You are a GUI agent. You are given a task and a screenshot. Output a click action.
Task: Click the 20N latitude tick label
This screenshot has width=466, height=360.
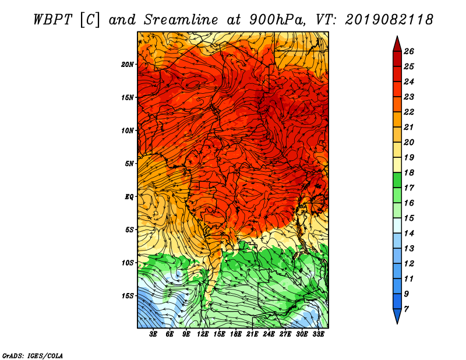[x=128, y=65]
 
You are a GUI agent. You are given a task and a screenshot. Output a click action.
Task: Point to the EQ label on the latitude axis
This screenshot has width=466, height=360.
[x=129, y=197]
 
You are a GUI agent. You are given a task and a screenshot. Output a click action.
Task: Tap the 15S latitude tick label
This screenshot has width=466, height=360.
[x=128, y=296]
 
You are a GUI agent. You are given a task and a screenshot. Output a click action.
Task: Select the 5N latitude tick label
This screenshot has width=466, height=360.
[x=129, y=164]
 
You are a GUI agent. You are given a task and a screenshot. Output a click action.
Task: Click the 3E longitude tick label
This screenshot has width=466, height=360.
[x=153, y=334]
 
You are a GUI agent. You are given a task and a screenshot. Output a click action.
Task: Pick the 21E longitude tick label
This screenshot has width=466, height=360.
[x=252, y=334]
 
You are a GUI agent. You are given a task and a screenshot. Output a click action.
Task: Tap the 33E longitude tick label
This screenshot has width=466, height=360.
[x=318, y=334]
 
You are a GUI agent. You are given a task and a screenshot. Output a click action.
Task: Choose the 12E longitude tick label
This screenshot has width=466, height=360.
[x=203, y=334]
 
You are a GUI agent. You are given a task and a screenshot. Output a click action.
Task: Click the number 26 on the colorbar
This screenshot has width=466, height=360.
[x=409, y=51]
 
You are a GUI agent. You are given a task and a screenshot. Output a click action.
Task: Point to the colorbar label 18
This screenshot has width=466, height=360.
[x=409, y=172]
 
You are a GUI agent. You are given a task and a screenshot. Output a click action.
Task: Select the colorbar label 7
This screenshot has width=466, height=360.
[x=406, y=309]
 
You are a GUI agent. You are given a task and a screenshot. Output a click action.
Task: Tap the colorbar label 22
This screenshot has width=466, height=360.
[x=409, y=112]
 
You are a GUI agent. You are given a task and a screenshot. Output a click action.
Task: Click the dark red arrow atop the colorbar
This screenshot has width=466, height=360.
[x=397, y=44]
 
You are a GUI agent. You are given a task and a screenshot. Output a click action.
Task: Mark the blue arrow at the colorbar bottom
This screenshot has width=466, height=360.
[x=397, y=316]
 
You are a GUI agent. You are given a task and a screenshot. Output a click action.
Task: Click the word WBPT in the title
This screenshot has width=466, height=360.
[x=53, y=20]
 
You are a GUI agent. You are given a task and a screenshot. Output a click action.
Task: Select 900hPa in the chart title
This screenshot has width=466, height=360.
[x=277, y=20]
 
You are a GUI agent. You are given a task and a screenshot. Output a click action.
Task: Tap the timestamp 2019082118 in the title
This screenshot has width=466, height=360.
[x=389, y=20]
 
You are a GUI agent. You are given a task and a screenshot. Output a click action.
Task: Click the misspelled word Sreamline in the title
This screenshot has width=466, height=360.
[x=181, y=20]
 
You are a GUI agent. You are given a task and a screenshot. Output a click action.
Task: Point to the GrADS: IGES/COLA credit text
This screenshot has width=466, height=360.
[x=33, y=355]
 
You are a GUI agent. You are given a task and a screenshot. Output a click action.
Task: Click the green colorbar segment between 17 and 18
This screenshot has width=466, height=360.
[x=397, y=180]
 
